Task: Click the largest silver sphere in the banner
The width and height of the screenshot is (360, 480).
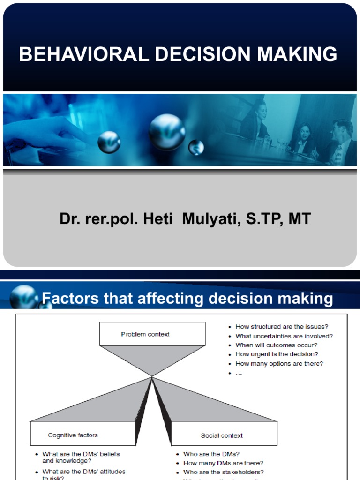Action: point(167,132)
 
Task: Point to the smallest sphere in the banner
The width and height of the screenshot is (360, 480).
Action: point(196,147)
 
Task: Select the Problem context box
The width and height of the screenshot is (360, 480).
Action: point(152,334)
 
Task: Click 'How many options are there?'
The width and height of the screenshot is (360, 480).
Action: point(279,363)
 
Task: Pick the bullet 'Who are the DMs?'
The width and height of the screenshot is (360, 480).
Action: point(211,454)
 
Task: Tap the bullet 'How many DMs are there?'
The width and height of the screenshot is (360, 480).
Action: point(223,463)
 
